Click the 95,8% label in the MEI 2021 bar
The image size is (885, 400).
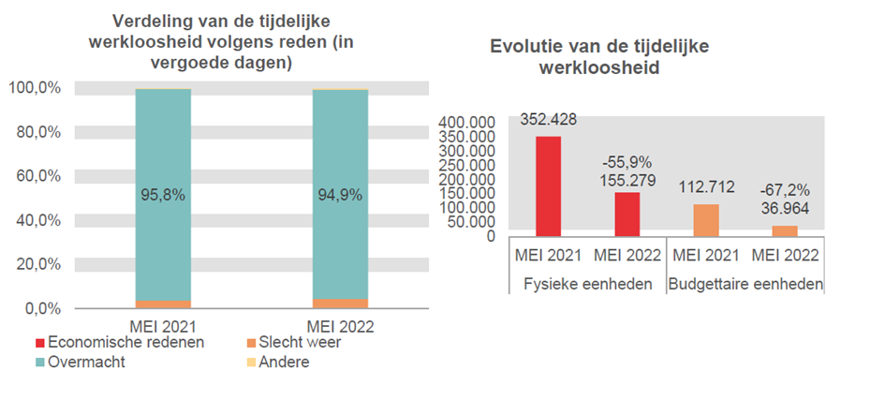pos(163,196)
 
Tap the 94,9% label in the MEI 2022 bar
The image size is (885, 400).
pos(339,196)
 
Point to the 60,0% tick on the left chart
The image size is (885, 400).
pos(35,176)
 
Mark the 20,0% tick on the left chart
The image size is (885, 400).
pos(35,264)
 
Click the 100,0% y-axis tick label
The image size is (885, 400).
pos(35,88)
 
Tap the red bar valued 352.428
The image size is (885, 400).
pos(548,186)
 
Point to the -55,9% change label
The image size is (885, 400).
pos(627,162)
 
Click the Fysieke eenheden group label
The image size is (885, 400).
pos(587,284)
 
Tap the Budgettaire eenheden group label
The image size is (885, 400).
pos(745,284)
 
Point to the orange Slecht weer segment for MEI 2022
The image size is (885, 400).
pos(339,304)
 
